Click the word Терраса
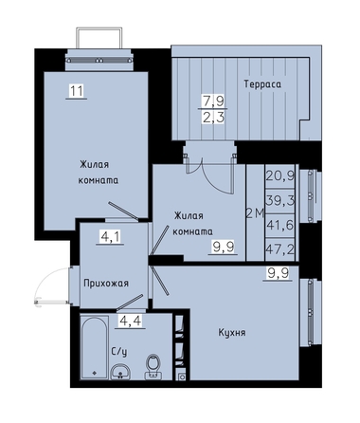pos(262,84)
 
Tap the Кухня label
pos(232,333)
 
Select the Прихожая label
pos(106,283)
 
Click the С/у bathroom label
pos(119,351)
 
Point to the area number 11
pos(77,91)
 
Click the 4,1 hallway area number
pos(110,236)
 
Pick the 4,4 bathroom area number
pos(130,321)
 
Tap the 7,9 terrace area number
pos(213,101)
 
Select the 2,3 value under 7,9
pos(213,118)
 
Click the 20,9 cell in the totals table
pos(280,175)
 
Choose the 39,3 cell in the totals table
pos(280,200)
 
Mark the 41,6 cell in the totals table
pos(280,226)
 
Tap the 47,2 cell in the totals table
pos(280,250)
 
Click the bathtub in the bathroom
pos(94,347)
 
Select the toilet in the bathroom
pos(153,367)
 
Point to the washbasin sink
pos(120,372)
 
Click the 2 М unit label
pos(255,214)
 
